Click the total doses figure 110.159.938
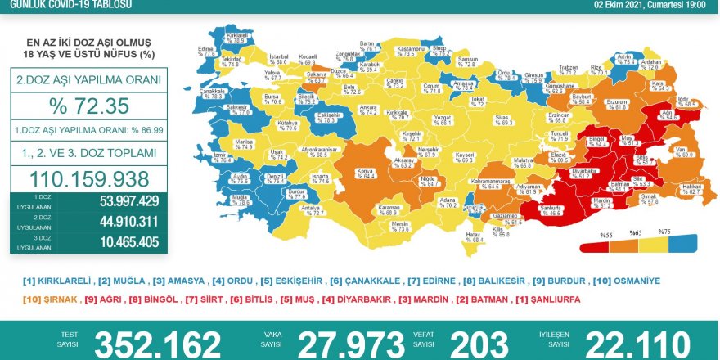pos(88,178)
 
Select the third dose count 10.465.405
pos(125,242)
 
